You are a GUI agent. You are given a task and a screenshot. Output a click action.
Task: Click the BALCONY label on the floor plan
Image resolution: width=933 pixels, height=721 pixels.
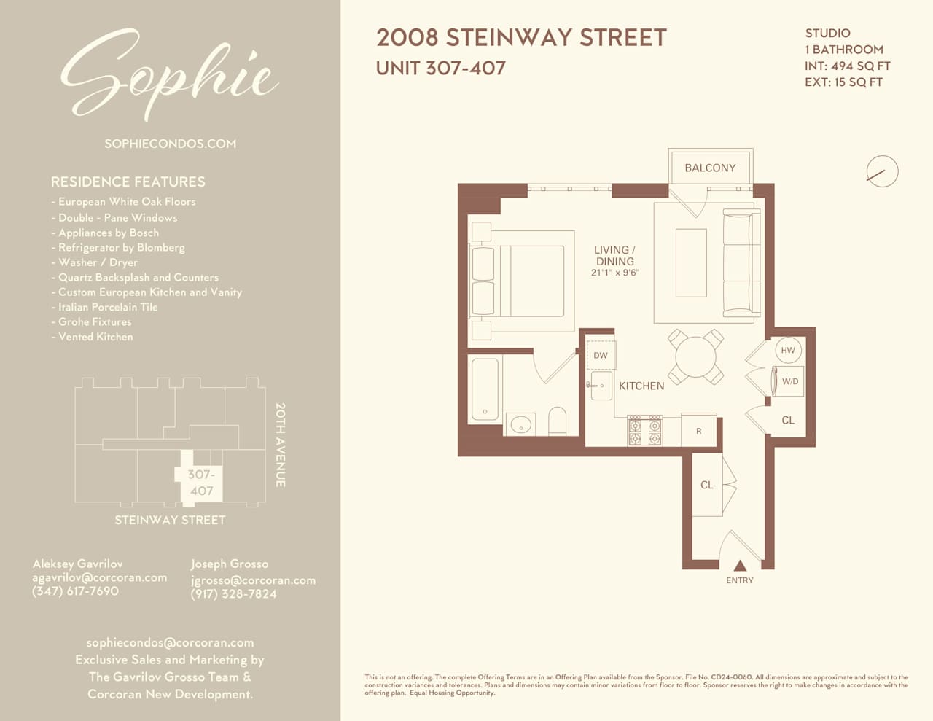tap(710, 168)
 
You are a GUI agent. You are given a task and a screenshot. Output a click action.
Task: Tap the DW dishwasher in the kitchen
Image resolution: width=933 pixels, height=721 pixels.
tap(601, 355)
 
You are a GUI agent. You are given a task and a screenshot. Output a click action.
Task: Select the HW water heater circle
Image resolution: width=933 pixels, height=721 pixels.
tap(788, 351)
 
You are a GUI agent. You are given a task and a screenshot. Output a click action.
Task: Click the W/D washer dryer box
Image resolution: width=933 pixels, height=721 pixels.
tap(789, 381)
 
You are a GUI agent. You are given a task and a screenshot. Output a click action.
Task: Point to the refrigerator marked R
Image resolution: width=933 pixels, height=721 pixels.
tap(698, 431)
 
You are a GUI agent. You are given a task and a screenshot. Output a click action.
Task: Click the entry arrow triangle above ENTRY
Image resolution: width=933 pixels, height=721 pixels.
tap(740, 566)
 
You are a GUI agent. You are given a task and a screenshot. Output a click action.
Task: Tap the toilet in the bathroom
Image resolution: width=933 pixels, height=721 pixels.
tap(558, 421)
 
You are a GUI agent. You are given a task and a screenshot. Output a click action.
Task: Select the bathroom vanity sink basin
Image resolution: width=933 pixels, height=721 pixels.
tap(521, 424)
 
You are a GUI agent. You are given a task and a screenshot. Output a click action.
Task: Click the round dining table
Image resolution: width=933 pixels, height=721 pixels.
tap(695, 356)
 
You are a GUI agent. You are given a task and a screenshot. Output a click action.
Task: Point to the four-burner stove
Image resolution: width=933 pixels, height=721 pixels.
tap(645, 430)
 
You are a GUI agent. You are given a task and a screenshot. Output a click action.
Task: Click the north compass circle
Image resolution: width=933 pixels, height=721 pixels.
tap(882, 171)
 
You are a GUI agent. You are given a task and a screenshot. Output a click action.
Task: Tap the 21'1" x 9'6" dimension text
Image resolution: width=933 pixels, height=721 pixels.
tap(615, 273)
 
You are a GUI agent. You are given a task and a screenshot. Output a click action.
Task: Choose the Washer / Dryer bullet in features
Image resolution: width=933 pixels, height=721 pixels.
tap(95, 262)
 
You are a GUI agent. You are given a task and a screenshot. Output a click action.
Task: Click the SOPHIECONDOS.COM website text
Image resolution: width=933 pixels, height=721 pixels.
tap(171, 144)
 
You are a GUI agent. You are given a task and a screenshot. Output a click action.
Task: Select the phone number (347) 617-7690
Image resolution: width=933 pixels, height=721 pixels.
tap(75, 591)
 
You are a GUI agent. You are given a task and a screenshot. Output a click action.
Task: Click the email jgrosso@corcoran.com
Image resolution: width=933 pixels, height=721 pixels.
tap(254, 580)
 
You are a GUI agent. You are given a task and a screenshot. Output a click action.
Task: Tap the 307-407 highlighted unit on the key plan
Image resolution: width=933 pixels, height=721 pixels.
tap(201, 482)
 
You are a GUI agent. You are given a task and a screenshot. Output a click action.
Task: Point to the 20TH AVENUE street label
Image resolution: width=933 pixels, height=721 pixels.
tap(281, 445)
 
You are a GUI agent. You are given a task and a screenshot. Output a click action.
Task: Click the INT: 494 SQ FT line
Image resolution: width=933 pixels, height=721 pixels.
tap(848, 66)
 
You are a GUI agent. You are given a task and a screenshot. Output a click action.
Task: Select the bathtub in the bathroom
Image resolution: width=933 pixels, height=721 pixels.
tap(485, 389)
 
